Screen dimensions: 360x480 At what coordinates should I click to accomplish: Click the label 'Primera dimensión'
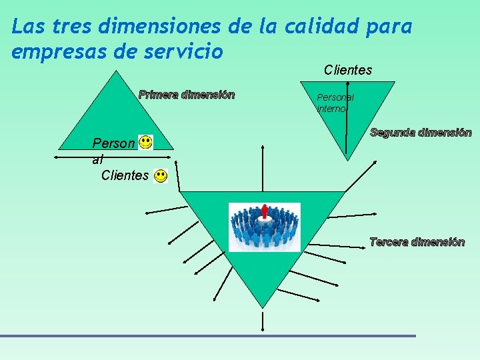point(187,95)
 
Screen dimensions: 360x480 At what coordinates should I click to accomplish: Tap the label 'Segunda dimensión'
point(421,133)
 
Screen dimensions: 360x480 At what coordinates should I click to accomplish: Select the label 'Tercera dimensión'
point(417,242)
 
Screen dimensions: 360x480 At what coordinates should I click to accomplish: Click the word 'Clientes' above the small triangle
point(348,70)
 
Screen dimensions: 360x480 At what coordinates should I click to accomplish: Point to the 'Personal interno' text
point(335,103)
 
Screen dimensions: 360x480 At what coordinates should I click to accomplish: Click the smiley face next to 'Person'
point(145,142)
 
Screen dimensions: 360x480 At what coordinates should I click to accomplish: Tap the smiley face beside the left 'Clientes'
point(161,176)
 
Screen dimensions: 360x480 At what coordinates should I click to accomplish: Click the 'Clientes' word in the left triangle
point(125,175)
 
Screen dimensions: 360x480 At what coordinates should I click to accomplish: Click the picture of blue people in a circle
point(265,227)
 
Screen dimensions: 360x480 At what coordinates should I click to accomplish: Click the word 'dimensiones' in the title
point(163,27)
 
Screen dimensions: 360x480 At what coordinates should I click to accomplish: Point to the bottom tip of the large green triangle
point(263,307)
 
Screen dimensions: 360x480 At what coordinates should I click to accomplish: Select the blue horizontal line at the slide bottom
point(207,335)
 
